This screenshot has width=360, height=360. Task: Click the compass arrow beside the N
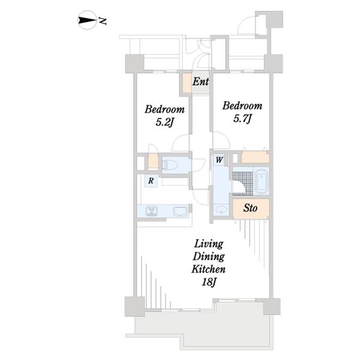(88, 20)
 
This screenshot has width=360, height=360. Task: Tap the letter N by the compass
(103, 20)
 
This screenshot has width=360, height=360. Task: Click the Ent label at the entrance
(200, 82)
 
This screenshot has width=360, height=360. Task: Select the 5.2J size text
(164, 122)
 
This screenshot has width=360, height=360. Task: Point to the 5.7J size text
(242, 119)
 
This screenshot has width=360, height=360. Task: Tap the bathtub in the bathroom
(262, 181)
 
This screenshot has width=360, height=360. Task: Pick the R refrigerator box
(151, 181)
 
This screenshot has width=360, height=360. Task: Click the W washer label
(219, 160)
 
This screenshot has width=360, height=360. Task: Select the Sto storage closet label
(250, 208)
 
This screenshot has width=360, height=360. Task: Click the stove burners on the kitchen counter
(151, 211)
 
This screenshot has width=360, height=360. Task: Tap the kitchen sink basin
(180, 211)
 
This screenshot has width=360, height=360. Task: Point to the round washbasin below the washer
(221, 210)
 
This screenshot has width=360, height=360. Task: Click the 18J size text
(209, 282)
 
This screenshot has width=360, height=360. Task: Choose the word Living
(209, 244)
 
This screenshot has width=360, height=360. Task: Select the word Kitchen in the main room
(208, 269)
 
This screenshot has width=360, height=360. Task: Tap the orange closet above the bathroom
(255, 157)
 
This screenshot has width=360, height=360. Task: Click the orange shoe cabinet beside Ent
(187, 83)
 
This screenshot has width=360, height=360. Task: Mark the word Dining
(208, 257)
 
